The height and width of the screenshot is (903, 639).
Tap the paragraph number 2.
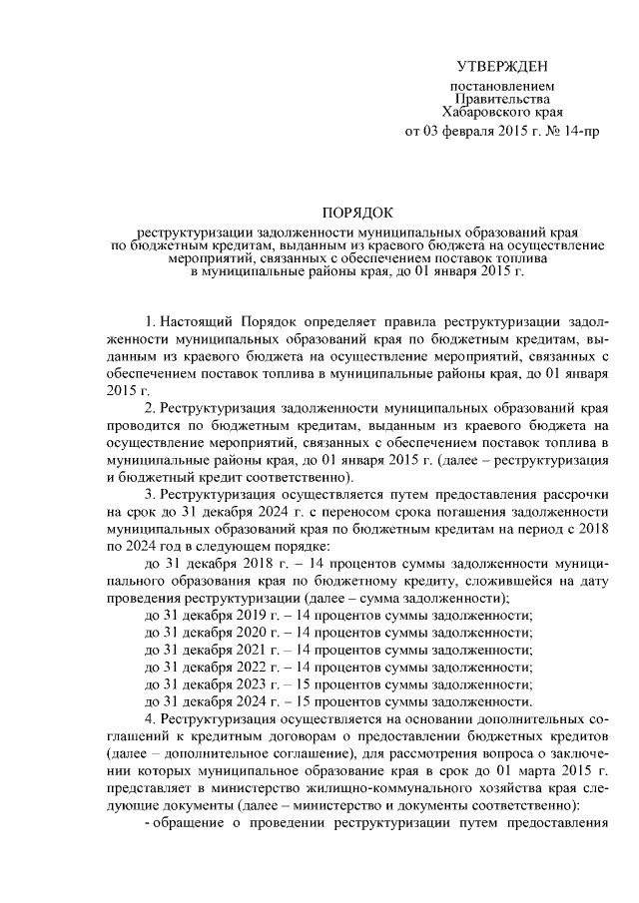coord(148,409)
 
